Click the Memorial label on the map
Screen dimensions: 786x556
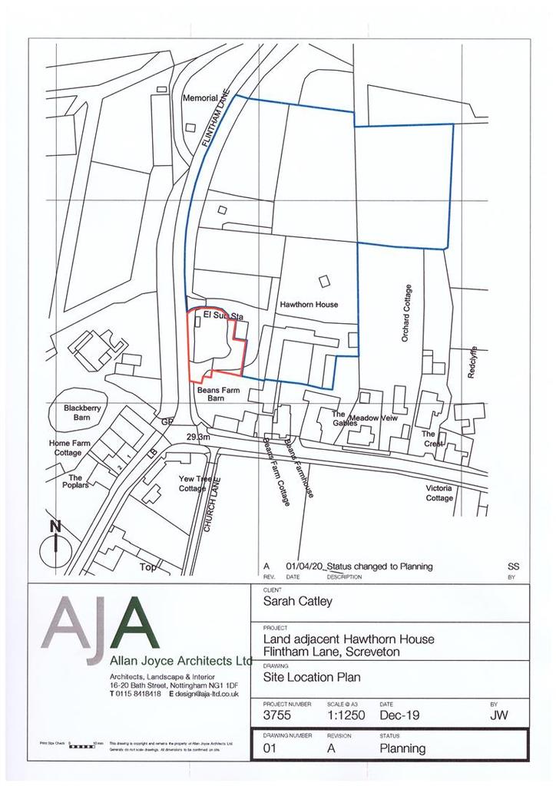coord(200,98)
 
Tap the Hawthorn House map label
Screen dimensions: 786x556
coord(309,305)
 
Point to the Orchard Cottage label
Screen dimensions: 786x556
coord(408,313)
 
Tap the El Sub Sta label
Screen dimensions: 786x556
coord(223,315)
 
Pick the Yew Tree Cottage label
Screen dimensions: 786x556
coord(195,484)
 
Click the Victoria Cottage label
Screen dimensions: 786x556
coord(439,493)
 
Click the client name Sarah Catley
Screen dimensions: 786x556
coord(298,601)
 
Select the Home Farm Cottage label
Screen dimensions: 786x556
coord(71,448)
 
